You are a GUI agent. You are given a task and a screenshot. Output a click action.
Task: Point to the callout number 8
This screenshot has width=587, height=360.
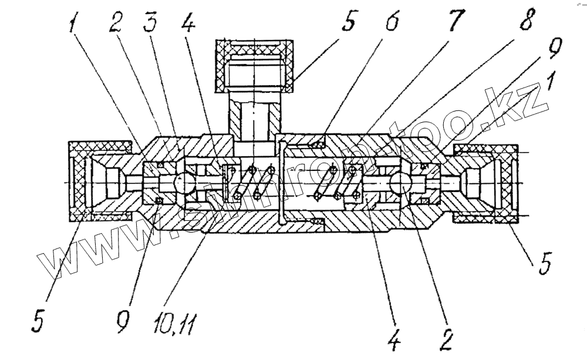[x=525, y=23]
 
